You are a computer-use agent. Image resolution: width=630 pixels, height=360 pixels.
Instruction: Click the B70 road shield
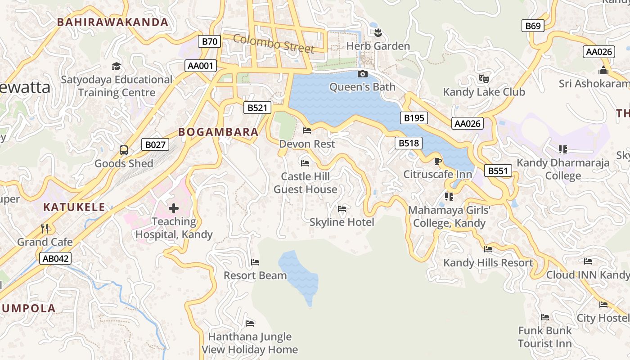(x=209, y=42)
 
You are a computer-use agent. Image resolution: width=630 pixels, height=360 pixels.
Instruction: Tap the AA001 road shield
(x=201, y=66)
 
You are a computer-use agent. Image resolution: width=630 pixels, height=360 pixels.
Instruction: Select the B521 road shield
(x=257, y=108)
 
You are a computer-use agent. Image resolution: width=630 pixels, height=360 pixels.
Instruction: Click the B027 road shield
(x=155, y=144)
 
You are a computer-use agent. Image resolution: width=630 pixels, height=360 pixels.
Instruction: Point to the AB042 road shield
(x=55, y=258)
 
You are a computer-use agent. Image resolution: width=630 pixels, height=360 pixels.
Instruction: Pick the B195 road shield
(x=414, y=118)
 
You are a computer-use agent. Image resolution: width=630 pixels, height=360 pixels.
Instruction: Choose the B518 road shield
(x=409, y=143)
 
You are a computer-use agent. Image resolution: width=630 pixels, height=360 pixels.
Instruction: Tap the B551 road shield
(x=498, y=171)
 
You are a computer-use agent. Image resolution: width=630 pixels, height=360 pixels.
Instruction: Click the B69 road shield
(x=533, y=26)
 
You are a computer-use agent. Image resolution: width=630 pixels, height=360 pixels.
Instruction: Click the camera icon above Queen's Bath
(x=362, y=74)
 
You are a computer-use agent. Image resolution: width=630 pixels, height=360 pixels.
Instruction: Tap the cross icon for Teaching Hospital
(x=174, y=208)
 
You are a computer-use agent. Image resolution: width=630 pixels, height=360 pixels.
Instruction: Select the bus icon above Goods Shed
(x=123, y=150)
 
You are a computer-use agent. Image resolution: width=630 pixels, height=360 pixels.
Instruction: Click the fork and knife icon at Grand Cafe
(x=45, y=229)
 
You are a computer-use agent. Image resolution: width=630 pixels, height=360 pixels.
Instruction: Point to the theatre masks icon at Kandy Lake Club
(x=484, y=78)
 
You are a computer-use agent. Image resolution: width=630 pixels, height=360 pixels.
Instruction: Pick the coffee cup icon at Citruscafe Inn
(x=437, y=161)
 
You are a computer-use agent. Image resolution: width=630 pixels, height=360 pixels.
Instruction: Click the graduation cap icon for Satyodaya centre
(x=117, y=66)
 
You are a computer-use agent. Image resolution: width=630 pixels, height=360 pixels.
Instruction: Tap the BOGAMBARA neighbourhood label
(x=218, y=132)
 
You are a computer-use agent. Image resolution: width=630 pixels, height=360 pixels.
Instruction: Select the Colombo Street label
(x=274, y=43)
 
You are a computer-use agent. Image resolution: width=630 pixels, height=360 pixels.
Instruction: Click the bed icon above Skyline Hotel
(x=342, y=209)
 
